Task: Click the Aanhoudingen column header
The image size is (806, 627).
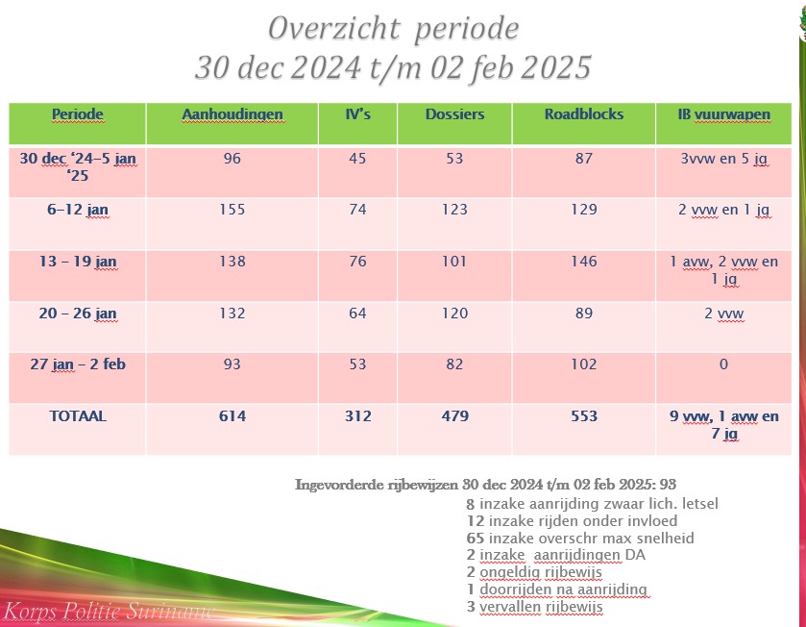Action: [x=232, y=114]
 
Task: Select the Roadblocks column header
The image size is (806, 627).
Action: [x=584, y=114]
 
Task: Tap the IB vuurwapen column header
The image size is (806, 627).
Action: [x=723, y=114]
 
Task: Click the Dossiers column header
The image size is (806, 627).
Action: [x=454, y=114]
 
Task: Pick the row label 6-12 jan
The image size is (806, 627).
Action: [x=78, y=210]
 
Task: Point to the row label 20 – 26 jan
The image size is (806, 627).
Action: [x=78, y=313]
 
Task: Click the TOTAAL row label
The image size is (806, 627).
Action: [x=78, y=417]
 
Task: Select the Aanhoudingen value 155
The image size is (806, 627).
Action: [x=232, y=210]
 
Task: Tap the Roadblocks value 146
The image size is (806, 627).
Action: [x=584, y=262]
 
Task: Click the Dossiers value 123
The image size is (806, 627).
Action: [x=454, y=210]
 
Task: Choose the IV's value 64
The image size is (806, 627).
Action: [x=357, y=313]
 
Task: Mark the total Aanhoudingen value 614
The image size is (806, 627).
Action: [x=232, y=417]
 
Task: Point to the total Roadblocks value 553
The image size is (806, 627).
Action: [x=584, y=417]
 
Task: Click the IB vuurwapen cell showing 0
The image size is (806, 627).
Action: [x=723, y=365]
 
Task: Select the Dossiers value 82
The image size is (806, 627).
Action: [x=454, y=365]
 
